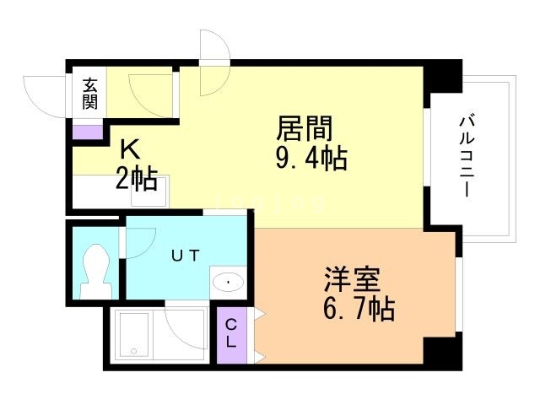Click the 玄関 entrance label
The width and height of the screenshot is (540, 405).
(89, 93)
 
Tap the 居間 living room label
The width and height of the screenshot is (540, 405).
(305, 130)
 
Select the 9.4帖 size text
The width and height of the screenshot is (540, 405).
(312, 158)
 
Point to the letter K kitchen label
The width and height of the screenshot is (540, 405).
(128, 150)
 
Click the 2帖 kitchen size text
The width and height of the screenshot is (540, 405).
(136, 178)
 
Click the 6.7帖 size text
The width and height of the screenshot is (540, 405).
(359, 309)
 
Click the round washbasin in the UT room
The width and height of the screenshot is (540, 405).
(228, 281)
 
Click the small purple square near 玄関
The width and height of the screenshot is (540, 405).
(87, 131)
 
